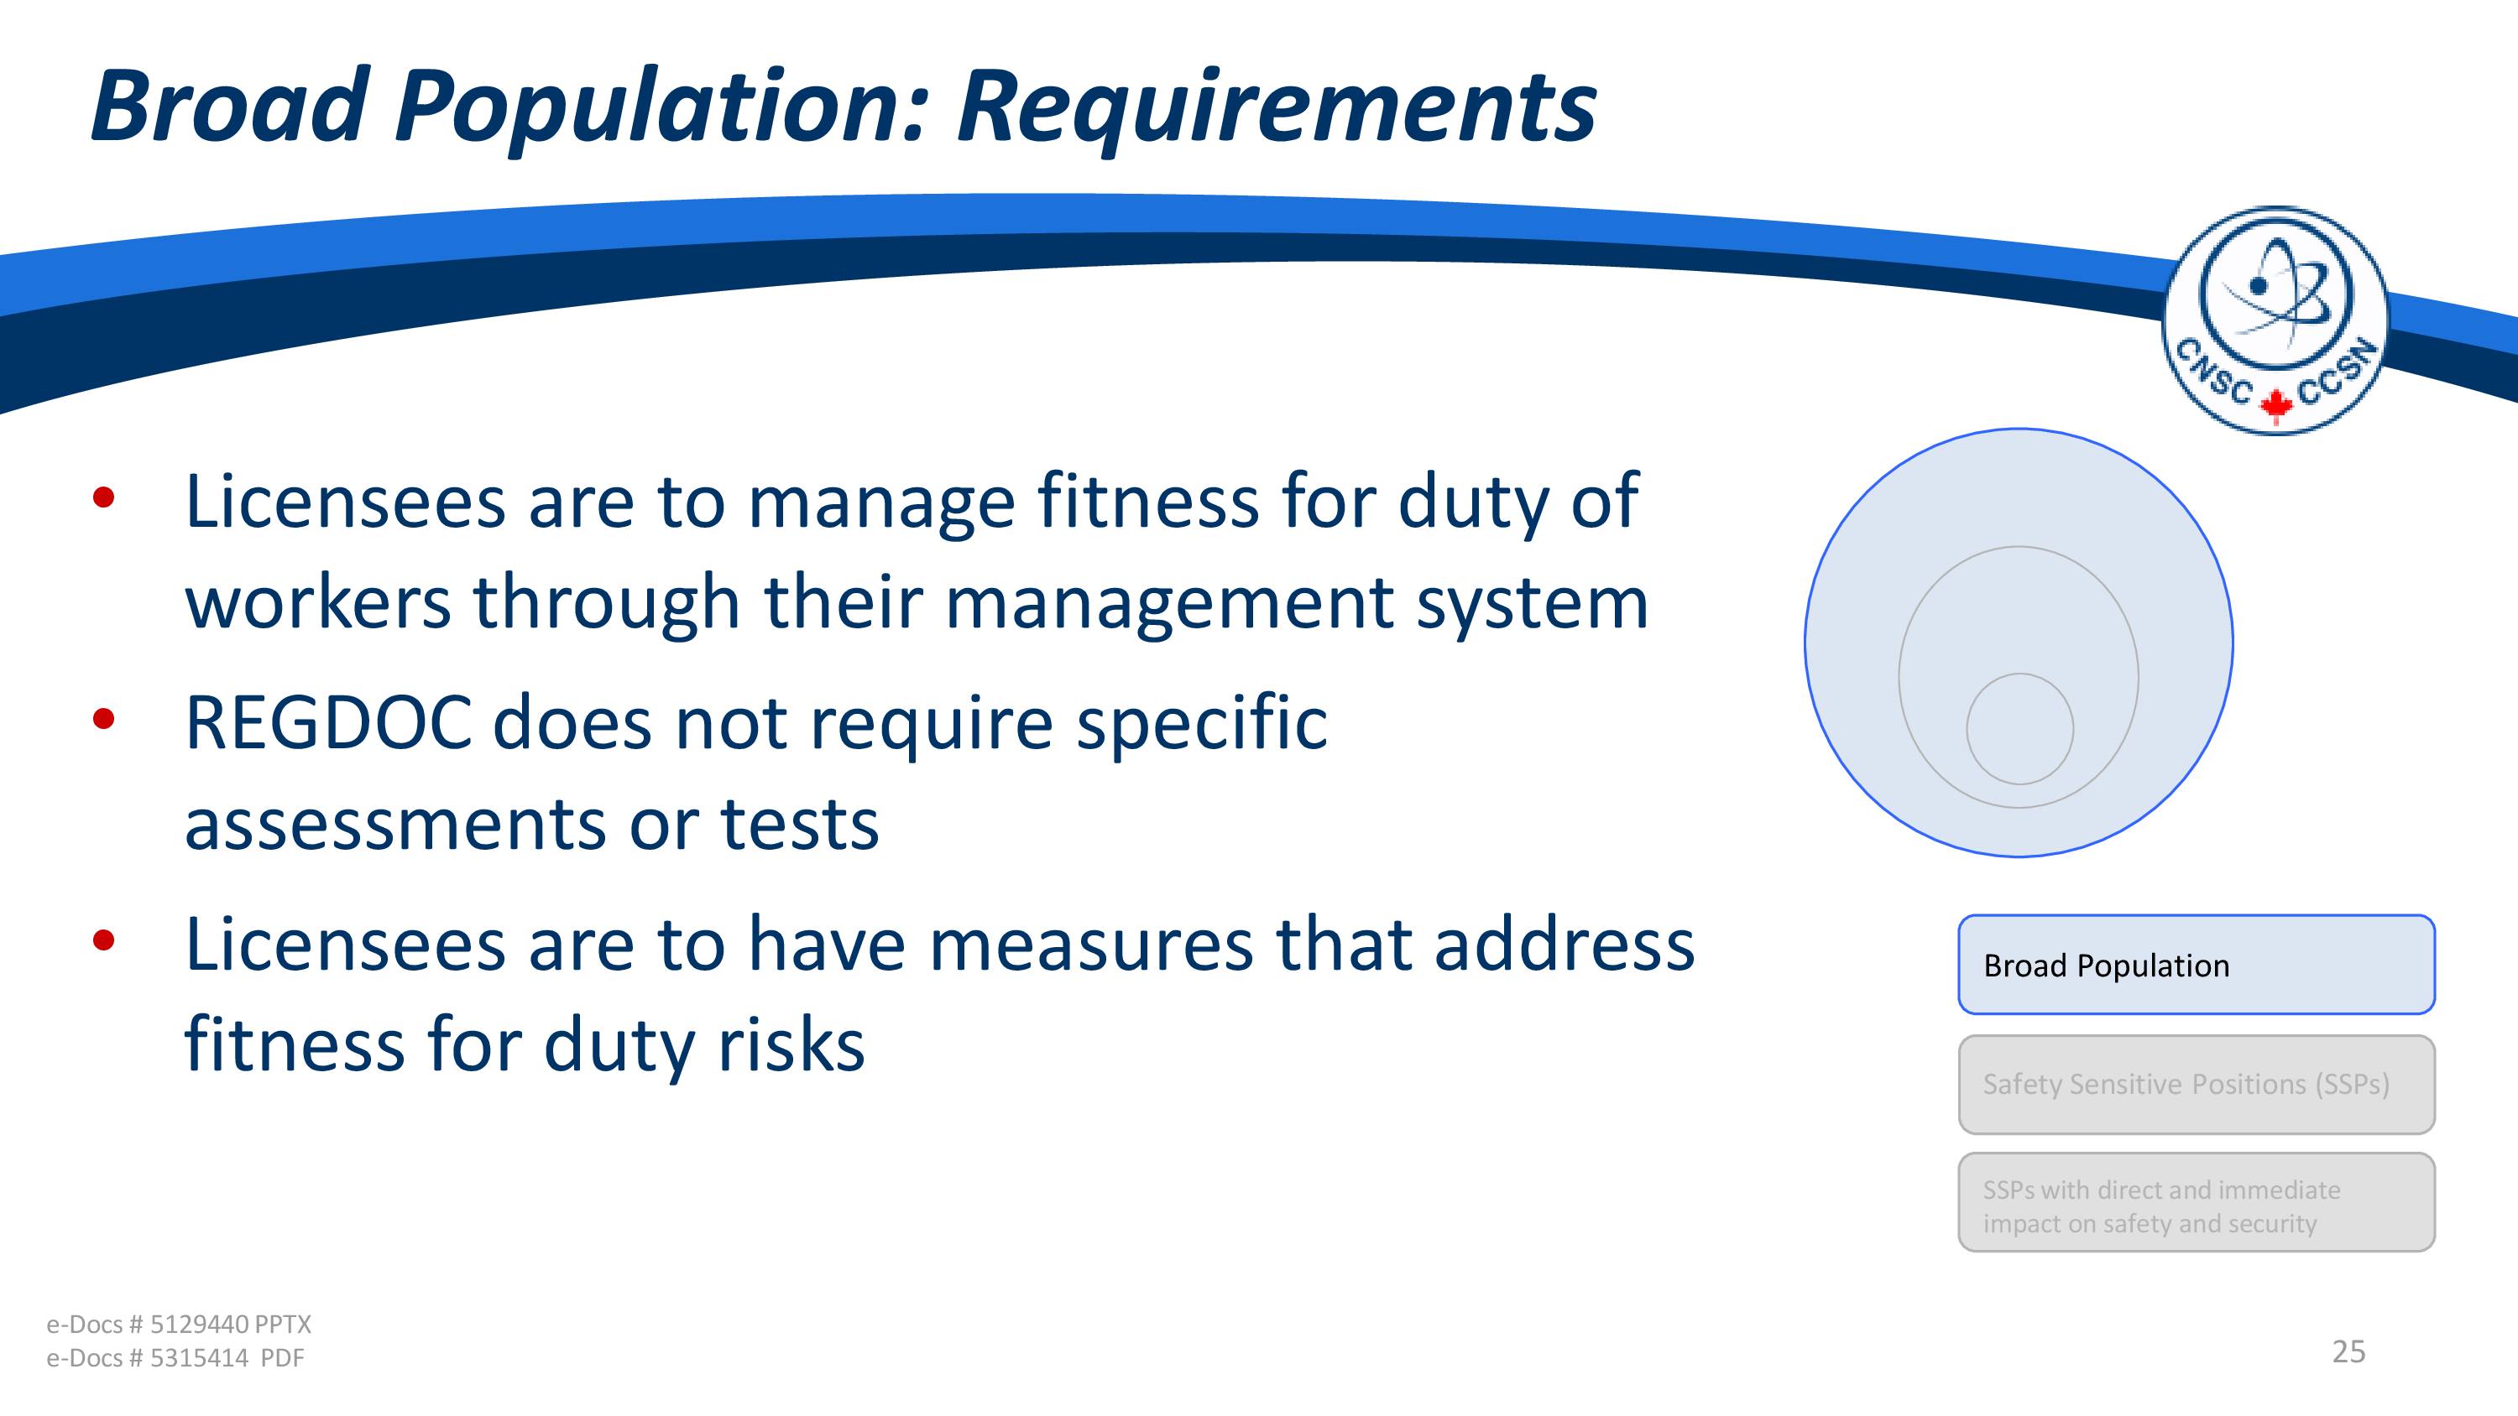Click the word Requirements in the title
(1277, 107)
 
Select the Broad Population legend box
(2197, 965)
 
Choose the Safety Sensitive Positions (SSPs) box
(2197, 1084)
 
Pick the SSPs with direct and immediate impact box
(2197, 1202)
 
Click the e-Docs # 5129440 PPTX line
(179, 1324)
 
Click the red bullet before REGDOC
(103, 719)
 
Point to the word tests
(800, 825)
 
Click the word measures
(1091, 946)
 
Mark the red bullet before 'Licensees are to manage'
(103, 498)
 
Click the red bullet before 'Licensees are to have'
(103, 940)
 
